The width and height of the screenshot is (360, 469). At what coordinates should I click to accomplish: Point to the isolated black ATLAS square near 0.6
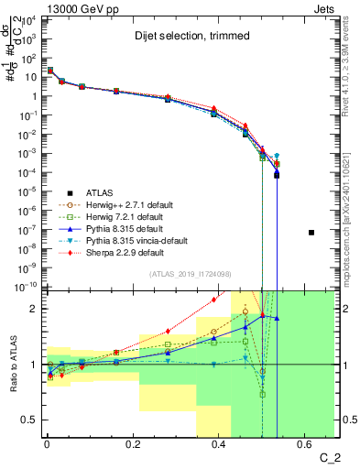click(311, 233)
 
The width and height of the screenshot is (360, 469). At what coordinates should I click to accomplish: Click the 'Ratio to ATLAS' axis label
click(12, 364)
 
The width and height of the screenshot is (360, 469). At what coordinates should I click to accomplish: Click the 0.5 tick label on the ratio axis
click(30, 420)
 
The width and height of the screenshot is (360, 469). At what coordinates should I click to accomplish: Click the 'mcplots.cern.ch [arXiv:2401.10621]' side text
click(353, 202)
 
